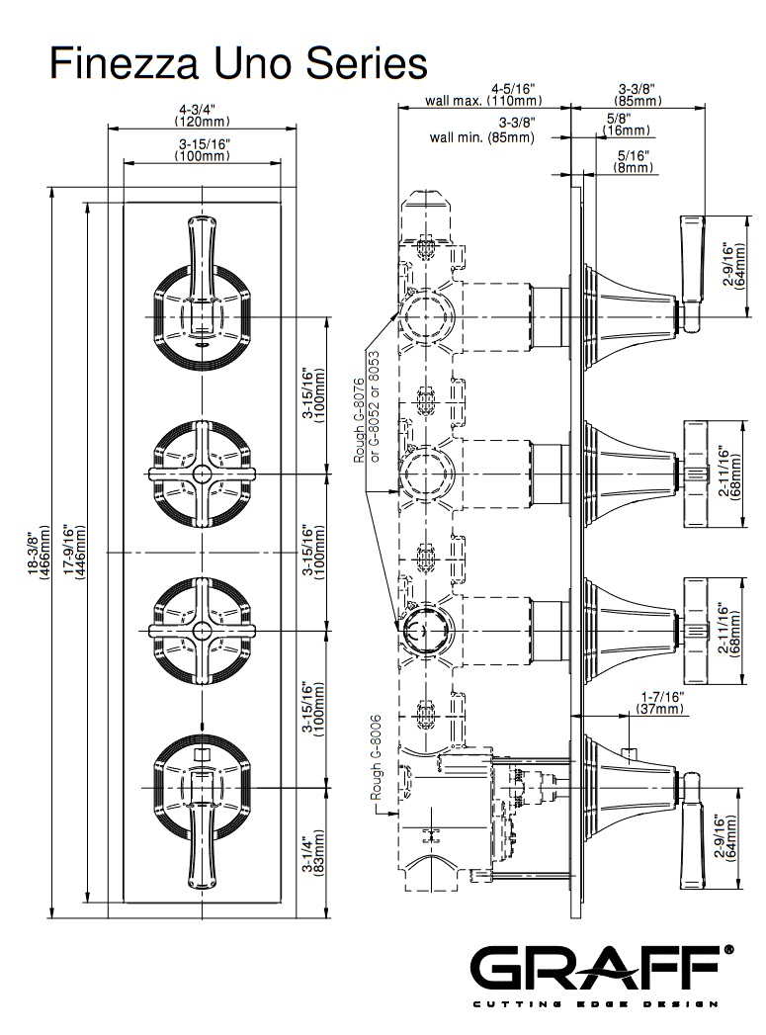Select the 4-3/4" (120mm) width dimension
(202, 114)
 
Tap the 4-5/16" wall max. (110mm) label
(482, 94)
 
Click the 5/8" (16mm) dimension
(627, 124)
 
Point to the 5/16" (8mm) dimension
(632, 161)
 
